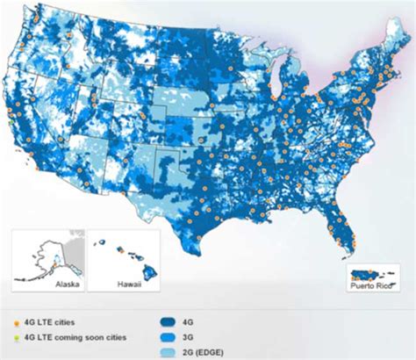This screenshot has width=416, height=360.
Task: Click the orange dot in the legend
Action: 19,310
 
